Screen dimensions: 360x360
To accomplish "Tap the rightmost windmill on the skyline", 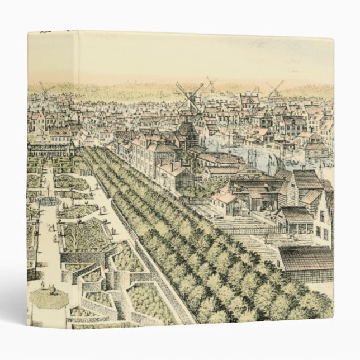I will pos(274,88).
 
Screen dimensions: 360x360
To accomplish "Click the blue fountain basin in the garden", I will pos(49,200).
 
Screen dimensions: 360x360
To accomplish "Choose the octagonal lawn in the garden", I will pos(48,297).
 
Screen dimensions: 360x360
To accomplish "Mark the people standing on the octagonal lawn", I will pos(50,290).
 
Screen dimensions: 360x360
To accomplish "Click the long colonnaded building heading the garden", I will pos(50,149).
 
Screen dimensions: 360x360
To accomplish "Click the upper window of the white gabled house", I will pos(323,215).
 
